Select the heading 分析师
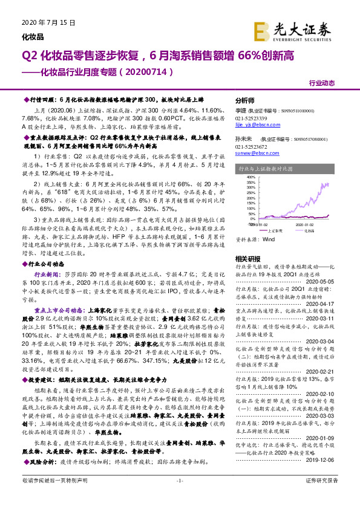(x=245, y=100)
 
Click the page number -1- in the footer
(x=179, y=497)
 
